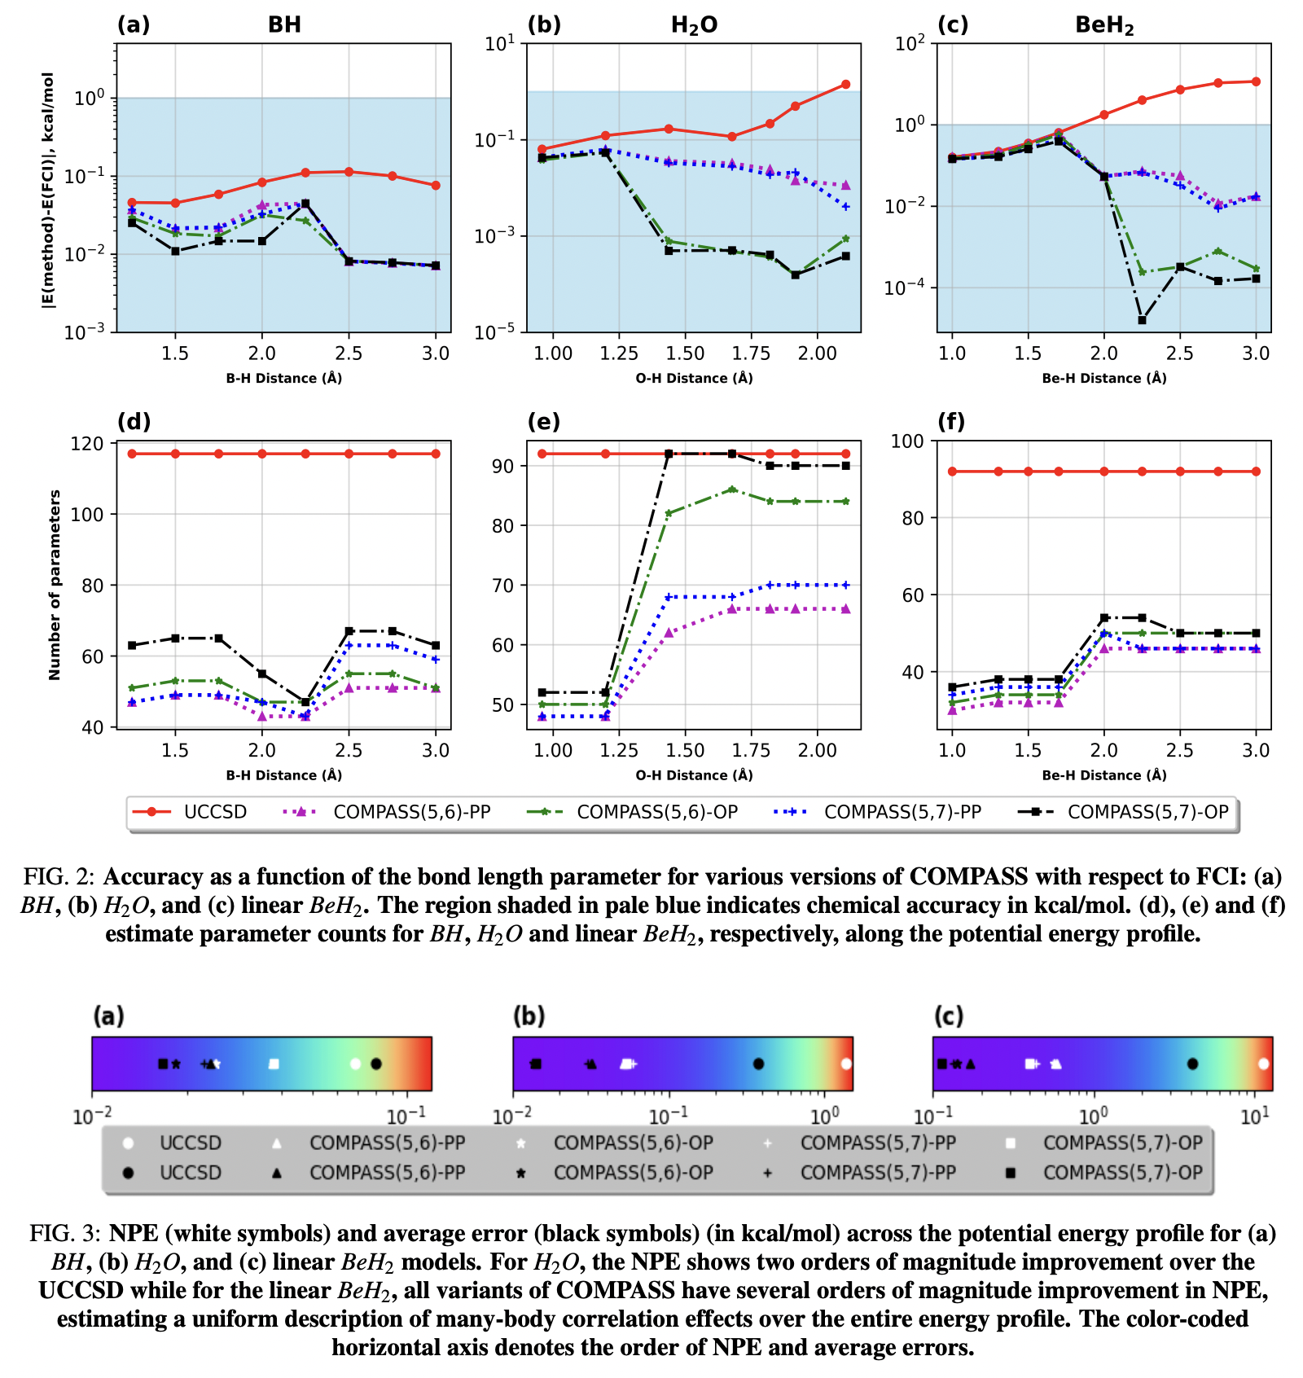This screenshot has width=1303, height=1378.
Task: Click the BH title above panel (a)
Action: [x=284, y=24]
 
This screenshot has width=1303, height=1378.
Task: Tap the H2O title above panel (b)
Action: [x=694, y=25]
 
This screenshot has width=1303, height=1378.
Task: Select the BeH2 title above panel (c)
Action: [x=1104, y=25]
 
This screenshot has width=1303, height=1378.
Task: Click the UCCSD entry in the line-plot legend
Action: [x=214, y=812]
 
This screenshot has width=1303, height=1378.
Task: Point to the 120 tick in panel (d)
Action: [x=87, y=444]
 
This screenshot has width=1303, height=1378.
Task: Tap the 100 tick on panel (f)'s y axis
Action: [x=907, y=441]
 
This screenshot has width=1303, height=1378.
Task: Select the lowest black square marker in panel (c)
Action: [x=1142, y=320]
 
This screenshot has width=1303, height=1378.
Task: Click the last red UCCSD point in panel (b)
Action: [x=845, y=85]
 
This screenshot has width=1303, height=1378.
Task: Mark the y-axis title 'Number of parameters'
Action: [x=55, y=585]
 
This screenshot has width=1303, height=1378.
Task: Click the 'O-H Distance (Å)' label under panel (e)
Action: [x=694, y=775]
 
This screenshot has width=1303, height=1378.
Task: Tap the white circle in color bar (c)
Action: [x=1263, y=1064]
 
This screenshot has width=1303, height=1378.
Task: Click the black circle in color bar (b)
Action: [x=758, y=1064]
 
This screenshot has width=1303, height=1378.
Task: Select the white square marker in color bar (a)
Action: [x=274, y=1064]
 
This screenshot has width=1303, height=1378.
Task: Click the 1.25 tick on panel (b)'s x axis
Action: [x=619, y=353]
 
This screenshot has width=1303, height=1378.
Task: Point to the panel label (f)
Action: [x=950, y=422]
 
